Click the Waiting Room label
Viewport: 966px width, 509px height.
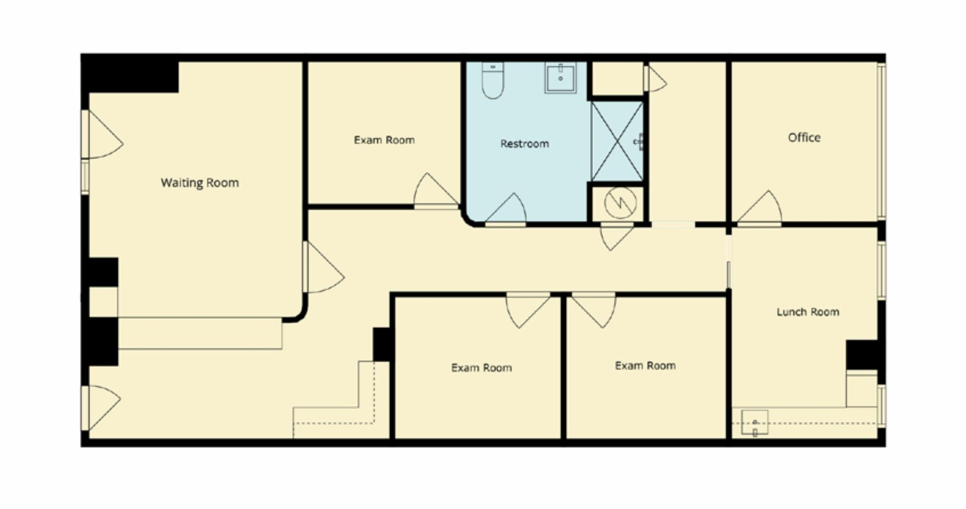coord(200,183)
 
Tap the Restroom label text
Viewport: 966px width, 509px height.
coord(525,144)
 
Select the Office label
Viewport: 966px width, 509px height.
coord(804,137)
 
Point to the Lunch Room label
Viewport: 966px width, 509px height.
coord(808,312)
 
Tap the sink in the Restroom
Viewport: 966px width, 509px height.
coord(560,78)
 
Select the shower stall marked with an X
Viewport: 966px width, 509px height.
coord(617,142)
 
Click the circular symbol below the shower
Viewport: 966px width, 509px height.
coord(620,203)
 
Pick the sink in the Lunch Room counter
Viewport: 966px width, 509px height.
coord(755,422)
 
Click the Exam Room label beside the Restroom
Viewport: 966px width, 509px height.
coord(384,140)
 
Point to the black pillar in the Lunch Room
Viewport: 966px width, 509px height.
coord(861,355)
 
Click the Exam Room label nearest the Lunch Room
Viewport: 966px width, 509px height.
coord(645,366)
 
